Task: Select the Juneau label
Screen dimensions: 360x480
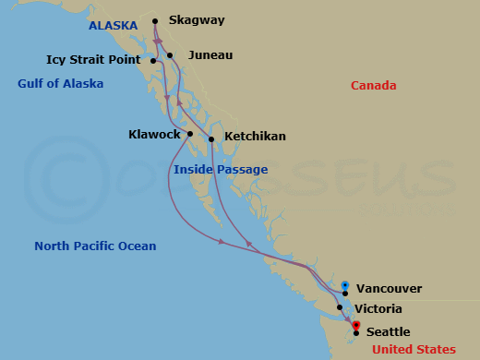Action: tap(210, 55)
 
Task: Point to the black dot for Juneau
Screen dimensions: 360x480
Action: tap(171, 55)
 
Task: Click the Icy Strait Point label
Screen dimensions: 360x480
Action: tap(93, 60)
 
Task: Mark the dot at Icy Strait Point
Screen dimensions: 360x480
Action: tap(153, 61)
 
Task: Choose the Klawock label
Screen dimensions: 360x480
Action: tap(154, 135)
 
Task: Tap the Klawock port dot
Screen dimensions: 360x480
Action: tap(190, 134)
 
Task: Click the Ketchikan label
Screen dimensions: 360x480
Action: tap(255, 137)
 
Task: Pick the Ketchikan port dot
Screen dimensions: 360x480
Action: tap(212, 139)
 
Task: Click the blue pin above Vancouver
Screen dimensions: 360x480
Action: tap(344, 286)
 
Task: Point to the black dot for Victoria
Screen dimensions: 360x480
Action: tap(340, 307)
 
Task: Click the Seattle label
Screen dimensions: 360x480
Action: tap(388, 332)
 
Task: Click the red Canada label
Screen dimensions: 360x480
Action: tap(373, 86)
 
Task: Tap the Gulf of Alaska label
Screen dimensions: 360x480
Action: tap(60, 84)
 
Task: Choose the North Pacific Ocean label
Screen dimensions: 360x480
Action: tap(95, 246)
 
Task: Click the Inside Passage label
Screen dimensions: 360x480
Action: tap(221, 170)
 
